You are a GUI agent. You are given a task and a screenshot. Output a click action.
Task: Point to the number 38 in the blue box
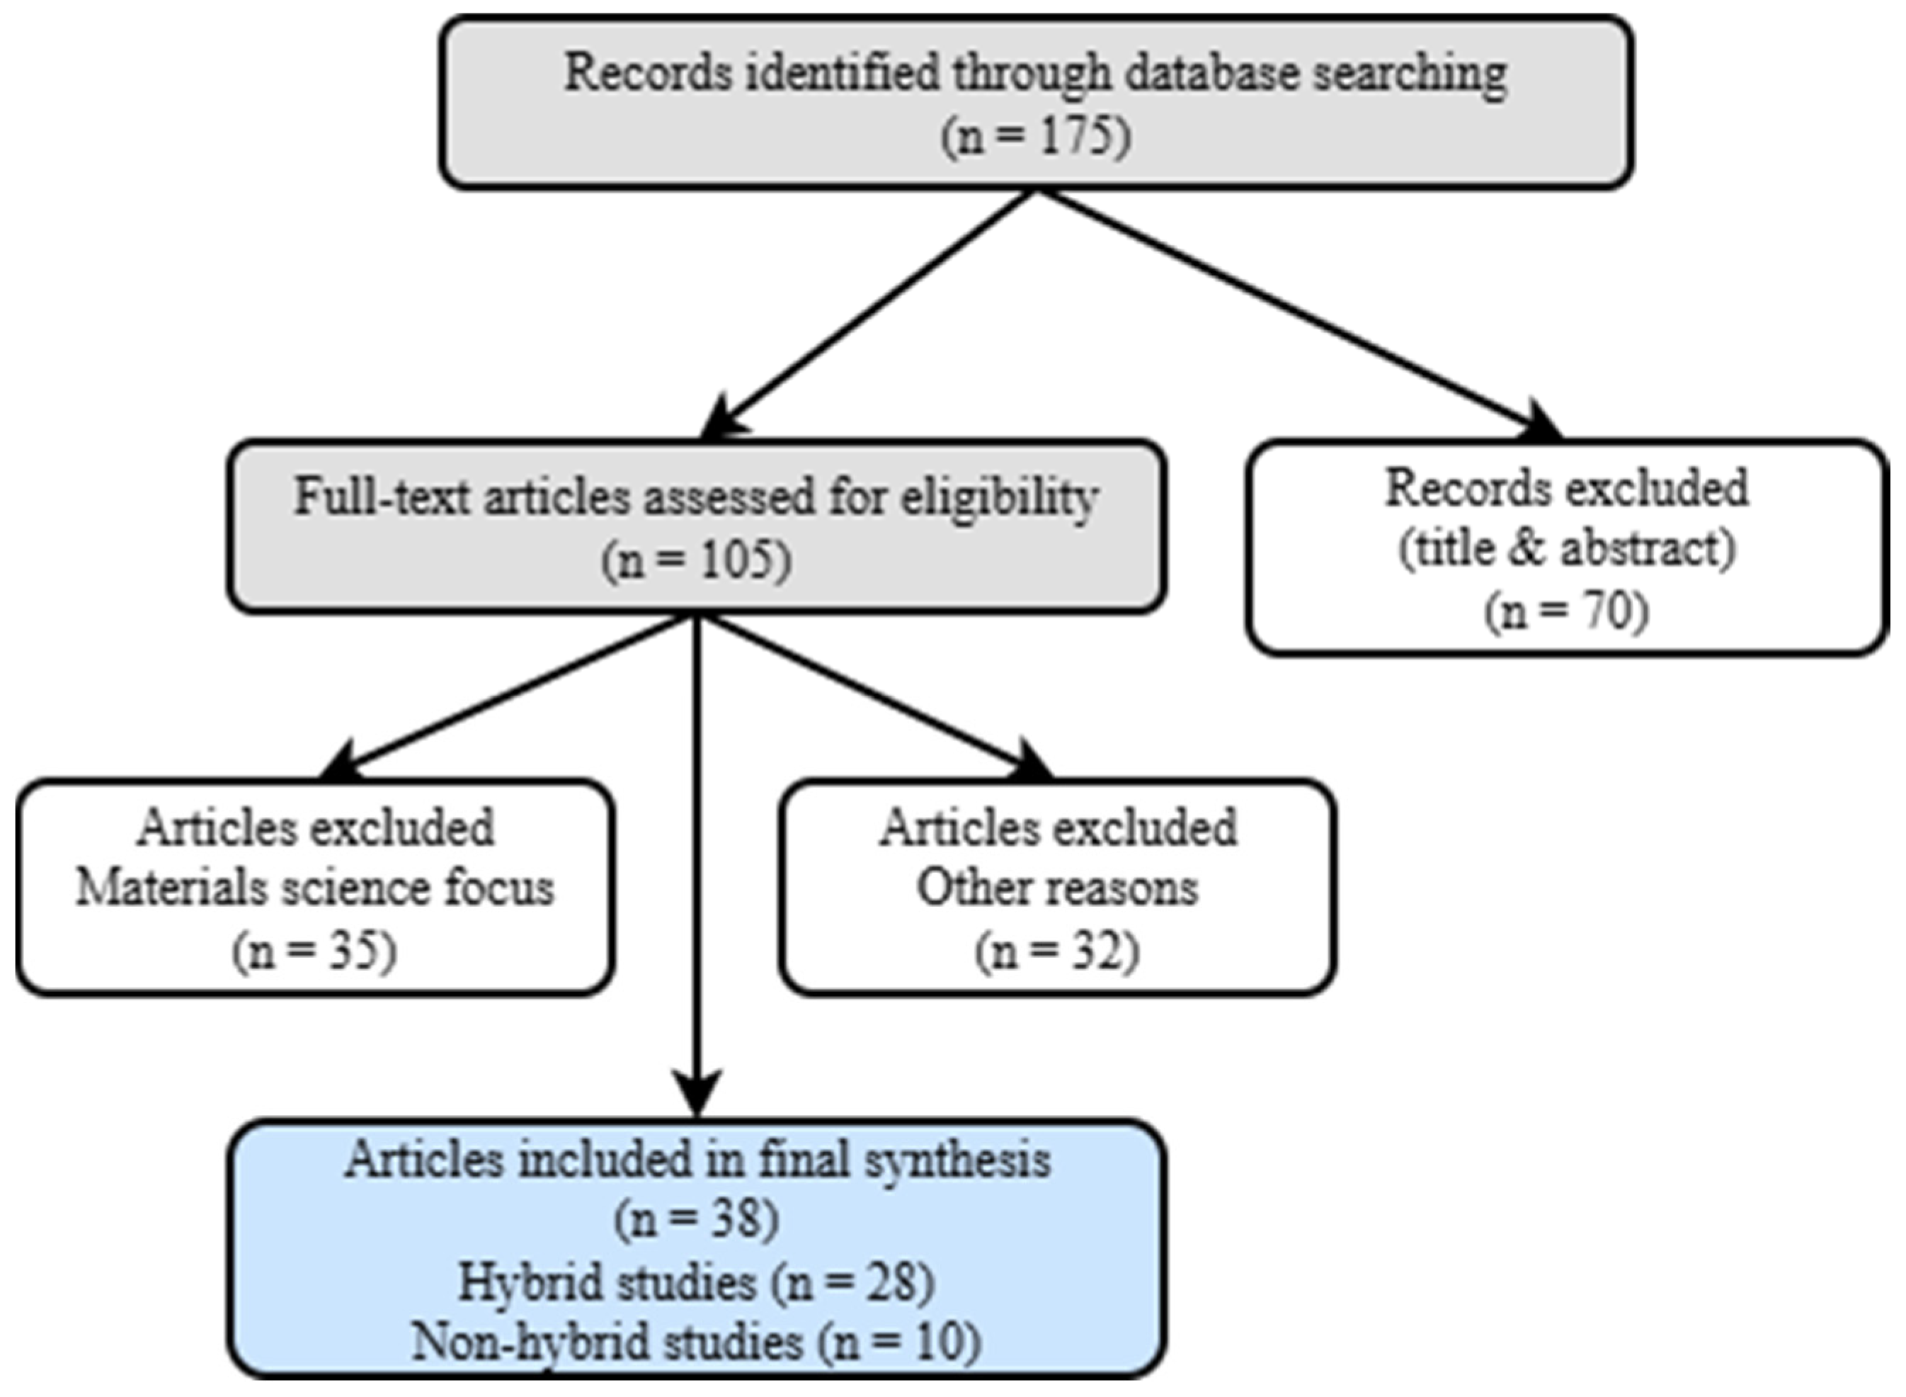point(732,1219)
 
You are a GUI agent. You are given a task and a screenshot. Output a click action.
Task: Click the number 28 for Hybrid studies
point(887,1282)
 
